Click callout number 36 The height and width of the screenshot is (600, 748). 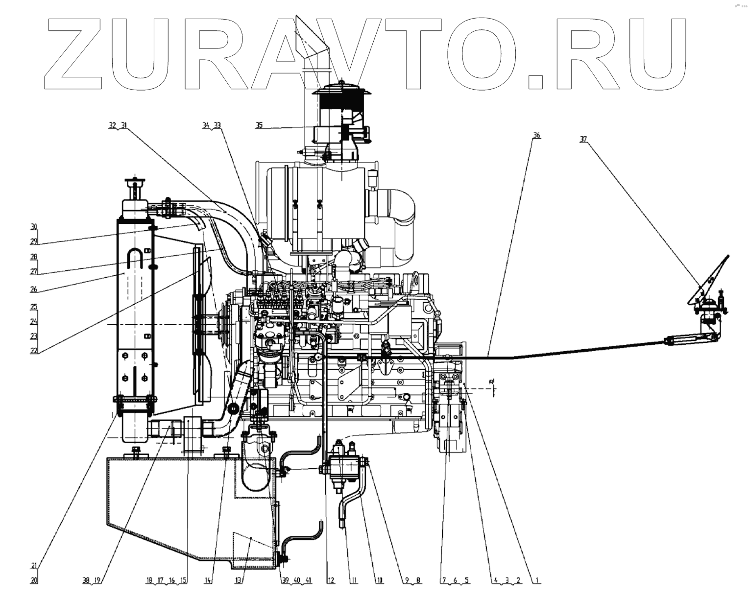536,135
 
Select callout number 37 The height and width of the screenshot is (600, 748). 583,140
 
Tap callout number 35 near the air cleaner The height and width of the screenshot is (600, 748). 259,125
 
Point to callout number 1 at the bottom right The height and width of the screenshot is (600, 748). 537,581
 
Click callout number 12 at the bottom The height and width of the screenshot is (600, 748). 331,581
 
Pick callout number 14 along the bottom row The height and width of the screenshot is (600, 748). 208,581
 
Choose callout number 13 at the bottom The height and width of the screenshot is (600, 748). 239,581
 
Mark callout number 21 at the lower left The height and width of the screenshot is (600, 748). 34,566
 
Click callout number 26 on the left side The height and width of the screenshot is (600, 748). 34,289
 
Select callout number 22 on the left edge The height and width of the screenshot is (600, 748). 34,351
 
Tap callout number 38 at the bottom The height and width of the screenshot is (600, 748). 86,581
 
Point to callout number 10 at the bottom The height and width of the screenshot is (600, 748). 379,581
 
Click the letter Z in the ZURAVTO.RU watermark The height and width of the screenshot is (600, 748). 78,54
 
